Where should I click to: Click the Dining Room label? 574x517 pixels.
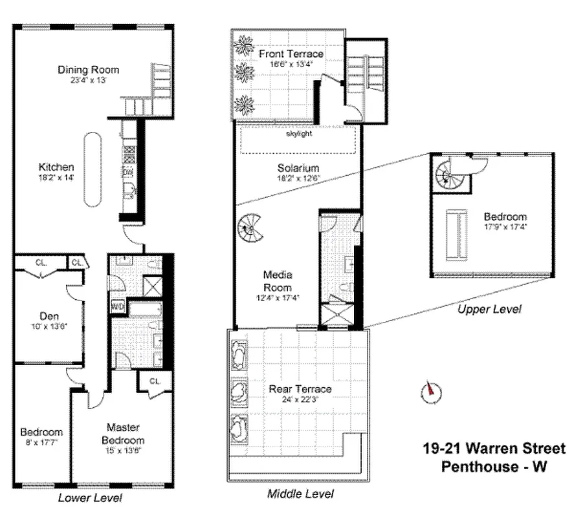pos(88,70)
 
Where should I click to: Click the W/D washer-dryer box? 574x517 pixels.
pos(118,306)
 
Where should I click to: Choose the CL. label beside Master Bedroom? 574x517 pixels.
pos(154,381)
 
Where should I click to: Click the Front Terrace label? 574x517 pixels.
pos(291,54)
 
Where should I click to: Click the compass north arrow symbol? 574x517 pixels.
pos(429,391)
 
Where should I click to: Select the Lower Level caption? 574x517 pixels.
pos(90,498)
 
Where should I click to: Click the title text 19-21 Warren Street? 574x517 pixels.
pos(494,448)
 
